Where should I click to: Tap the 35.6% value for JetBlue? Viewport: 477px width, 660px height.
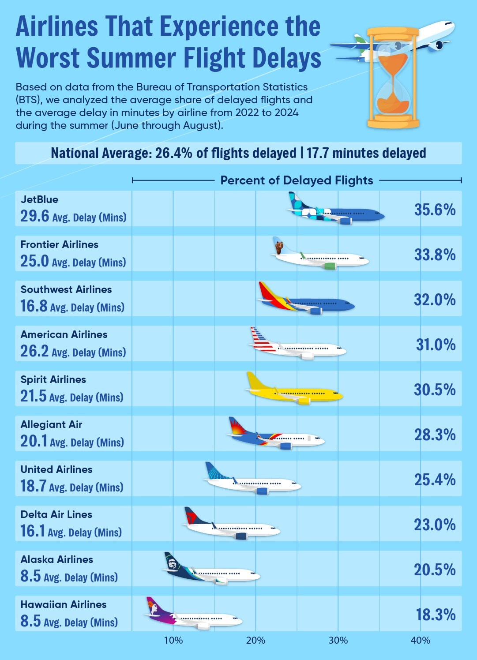[x=434, y=210]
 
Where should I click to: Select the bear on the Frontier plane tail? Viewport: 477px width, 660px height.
[x=279, y=247]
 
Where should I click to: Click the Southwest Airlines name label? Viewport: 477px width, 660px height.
[x=66, y=289]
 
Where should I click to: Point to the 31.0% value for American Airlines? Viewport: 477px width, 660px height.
[x=436, y=345]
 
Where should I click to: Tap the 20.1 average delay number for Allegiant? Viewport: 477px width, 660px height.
[x=34, y=441]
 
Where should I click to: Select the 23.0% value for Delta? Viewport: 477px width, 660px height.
[x=434, y=525]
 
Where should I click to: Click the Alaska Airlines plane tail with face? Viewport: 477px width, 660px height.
[x=172, y=563]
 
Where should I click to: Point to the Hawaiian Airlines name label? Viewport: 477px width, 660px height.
[x=64, y=604]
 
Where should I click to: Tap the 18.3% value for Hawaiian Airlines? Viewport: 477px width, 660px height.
[x=436, y=615]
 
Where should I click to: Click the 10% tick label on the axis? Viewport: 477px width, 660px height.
[x=173, y=640]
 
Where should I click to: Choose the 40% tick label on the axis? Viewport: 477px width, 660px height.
[x=420, y=640]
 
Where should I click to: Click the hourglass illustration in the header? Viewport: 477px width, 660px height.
[x=393, y=78]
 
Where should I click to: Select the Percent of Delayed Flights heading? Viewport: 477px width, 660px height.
[x=297, y=180]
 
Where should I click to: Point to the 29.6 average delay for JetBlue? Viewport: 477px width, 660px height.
[x=34, y=216]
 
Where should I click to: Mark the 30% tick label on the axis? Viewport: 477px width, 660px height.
[x=338, y=640]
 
